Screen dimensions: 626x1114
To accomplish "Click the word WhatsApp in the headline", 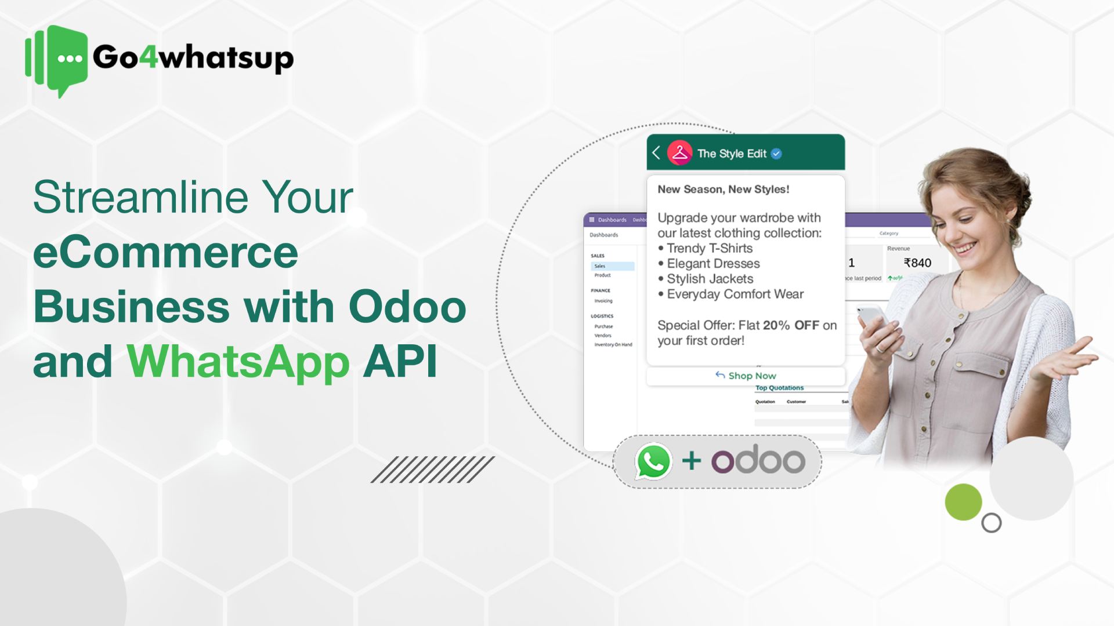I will [238, 362].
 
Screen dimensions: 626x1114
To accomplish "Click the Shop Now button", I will [746, 376].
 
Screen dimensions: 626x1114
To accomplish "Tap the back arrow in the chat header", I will [656, 153].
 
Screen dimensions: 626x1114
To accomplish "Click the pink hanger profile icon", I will [679, 153].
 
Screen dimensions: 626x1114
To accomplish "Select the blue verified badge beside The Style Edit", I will [776, 154].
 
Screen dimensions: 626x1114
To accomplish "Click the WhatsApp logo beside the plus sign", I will [653, 461].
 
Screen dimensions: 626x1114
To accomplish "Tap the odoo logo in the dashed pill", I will [758, 461].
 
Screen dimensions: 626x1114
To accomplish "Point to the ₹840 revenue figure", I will [917, 263].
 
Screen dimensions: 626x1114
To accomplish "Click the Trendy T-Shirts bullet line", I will [709, 248].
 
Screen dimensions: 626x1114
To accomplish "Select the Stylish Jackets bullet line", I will [709, 279].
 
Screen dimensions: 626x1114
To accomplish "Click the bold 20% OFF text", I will [791, 325].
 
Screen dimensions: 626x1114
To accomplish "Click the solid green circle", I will [963, 502].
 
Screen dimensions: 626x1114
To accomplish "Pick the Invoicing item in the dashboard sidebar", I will [603, 301].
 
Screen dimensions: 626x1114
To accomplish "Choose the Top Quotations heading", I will [779, 388].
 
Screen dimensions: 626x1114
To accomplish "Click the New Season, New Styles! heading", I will [723, 189].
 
